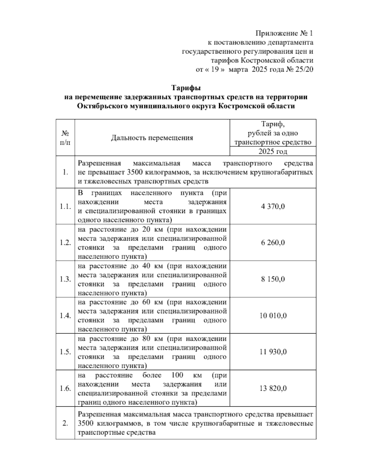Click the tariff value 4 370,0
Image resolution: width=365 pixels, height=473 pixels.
[273, 206]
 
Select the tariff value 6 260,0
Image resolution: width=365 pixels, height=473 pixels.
[273, 243]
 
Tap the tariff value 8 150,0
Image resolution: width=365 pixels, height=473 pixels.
[273, 279]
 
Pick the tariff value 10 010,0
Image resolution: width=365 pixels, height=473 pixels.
[273, 316]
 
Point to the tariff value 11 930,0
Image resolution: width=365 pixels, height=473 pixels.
[273, 352]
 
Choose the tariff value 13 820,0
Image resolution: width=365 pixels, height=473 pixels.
[273, 388]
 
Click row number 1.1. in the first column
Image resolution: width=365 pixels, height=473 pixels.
[65, 206]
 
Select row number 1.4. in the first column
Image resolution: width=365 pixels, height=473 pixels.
[65, 316]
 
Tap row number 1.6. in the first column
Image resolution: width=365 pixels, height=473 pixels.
[65, 388]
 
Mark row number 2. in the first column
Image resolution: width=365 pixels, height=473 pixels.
[65, 423]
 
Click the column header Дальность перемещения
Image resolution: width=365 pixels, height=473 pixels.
[152, 138]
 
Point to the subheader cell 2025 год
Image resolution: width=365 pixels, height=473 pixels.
[273, 151]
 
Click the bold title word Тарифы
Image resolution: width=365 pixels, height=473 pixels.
[186, 88]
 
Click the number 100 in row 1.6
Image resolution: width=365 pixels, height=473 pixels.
[177, 375]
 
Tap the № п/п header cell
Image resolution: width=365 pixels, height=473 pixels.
[65, 138]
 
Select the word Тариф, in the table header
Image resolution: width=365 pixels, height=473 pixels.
[273, 124]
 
